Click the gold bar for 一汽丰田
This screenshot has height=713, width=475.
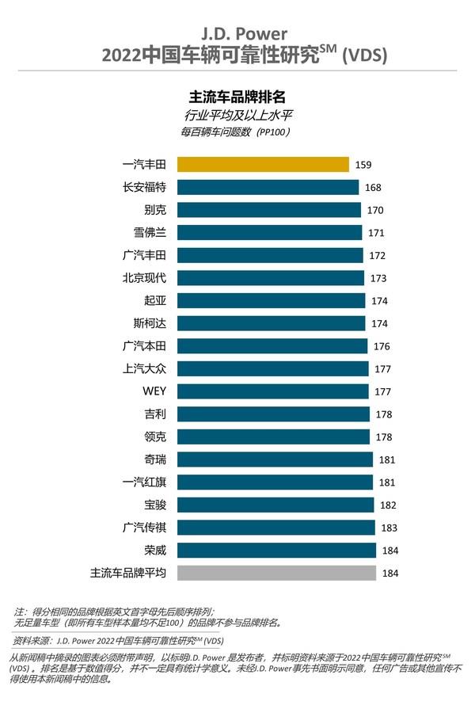[x=263, y=164]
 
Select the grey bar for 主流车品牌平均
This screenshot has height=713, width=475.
[x=275, y=573]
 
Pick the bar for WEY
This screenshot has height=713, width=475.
[x=272, y=391]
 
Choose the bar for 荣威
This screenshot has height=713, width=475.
[x=275, y=550]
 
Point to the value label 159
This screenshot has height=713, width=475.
[x=363, y=165]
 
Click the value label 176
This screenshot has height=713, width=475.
[x=382, y=346]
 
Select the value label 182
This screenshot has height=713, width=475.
[x=388, y=505]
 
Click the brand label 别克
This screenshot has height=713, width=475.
[x=154, y=210]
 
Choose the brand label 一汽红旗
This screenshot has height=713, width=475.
[x=144, y=482]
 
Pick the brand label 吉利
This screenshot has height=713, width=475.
[x=154, y=414]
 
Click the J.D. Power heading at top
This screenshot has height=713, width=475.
[x=237, y=34]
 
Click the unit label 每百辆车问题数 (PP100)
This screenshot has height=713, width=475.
[x=236, y=132]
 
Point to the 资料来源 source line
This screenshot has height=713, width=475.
[x=119, y=639]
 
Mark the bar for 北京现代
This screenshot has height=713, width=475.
[x=270, y=278]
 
